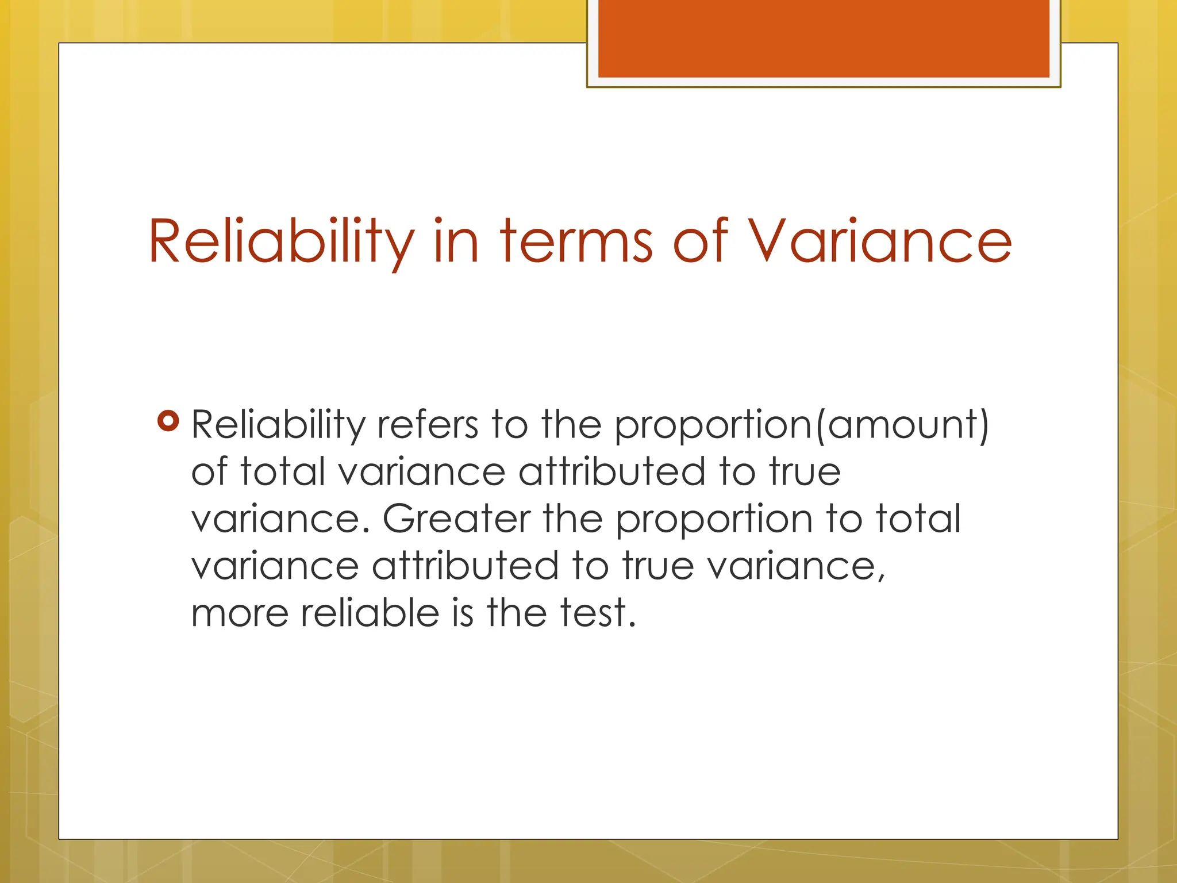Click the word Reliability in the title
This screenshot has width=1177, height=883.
pos(280,241)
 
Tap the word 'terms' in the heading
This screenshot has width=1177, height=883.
pos(576,241)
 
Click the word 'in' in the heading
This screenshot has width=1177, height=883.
pos(456,241)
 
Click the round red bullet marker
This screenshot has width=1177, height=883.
pos(168,421)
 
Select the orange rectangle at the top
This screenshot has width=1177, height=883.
pos(824,39)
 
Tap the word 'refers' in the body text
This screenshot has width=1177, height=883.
pos(428,425)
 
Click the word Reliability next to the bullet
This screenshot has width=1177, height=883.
pos(278,425)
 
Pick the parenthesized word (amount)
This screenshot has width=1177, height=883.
pos(902,425)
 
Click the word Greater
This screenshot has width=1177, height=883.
pos(456,519)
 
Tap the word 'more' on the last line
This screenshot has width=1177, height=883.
pos(240,613)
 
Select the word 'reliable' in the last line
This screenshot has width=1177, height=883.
pos(370,613)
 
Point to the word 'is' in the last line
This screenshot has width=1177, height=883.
pos(463,613)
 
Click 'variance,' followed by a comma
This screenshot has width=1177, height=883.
pos(796,566)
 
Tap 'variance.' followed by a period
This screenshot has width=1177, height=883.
pos(280,519)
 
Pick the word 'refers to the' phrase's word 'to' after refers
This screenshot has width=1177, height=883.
pos(509,425)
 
